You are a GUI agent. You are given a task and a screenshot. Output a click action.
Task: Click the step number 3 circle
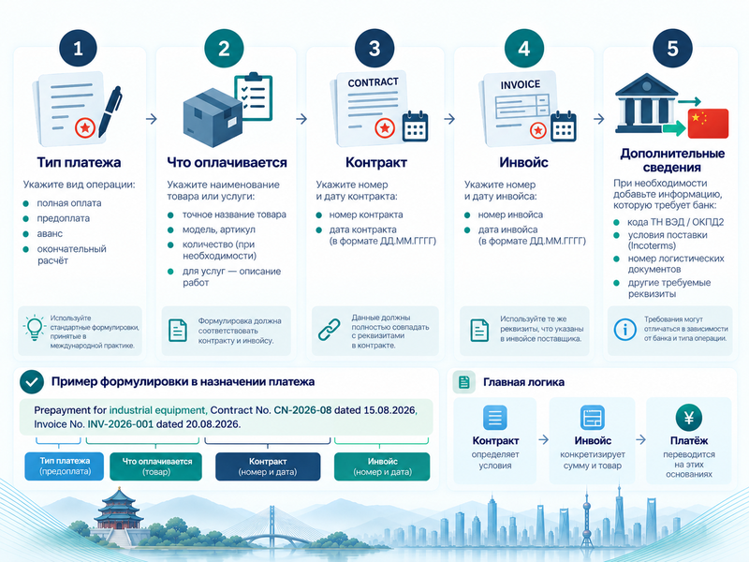[x=374, y=49]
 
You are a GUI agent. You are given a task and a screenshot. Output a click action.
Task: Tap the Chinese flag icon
[x=708, y=124]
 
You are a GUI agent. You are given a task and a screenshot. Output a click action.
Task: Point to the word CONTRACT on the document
[x=373, y=82]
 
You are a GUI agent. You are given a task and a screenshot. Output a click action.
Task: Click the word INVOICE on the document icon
[x=521, y=85]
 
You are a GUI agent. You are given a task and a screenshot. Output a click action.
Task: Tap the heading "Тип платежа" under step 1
[x=79, y=162]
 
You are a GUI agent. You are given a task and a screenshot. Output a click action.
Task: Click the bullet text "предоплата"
[x=64, y=218]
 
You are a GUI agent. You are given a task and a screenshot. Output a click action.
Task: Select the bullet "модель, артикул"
[x=219, y=229]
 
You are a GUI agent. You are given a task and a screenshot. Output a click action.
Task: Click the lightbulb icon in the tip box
[x=35, y=327]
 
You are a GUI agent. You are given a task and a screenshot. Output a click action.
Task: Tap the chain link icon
[x=330, y=330]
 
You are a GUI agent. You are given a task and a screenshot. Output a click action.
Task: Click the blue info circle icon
[x=624, y=330]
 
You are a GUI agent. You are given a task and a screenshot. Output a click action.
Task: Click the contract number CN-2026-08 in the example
[x=302, y=410]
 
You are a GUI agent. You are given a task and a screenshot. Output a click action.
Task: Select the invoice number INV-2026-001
[x=121, y=424]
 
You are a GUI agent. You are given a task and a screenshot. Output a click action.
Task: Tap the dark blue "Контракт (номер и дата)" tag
[x=268, y=466]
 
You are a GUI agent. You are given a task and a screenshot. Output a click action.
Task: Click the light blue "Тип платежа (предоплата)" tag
[x=65, y=466]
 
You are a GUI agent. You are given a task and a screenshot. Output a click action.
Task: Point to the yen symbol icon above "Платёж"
[x=689, y=418]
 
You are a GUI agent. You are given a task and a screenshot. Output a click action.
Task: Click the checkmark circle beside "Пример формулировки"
[x=32, y=382]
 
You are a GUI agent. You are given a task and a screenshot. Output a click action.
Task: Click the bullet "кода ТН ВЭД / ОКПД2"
[x=675, y=222]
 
